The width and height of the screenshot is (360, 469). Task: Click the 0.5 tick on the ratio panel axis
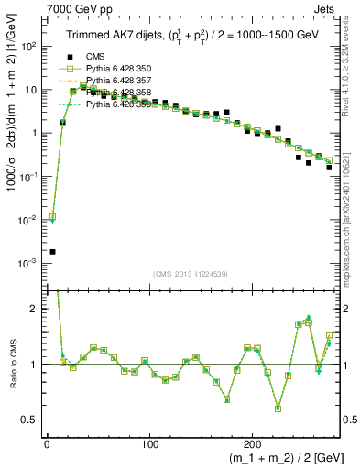[31, 420]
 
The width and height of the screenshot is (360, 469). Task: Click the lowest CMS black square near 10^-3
[52, 251]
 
